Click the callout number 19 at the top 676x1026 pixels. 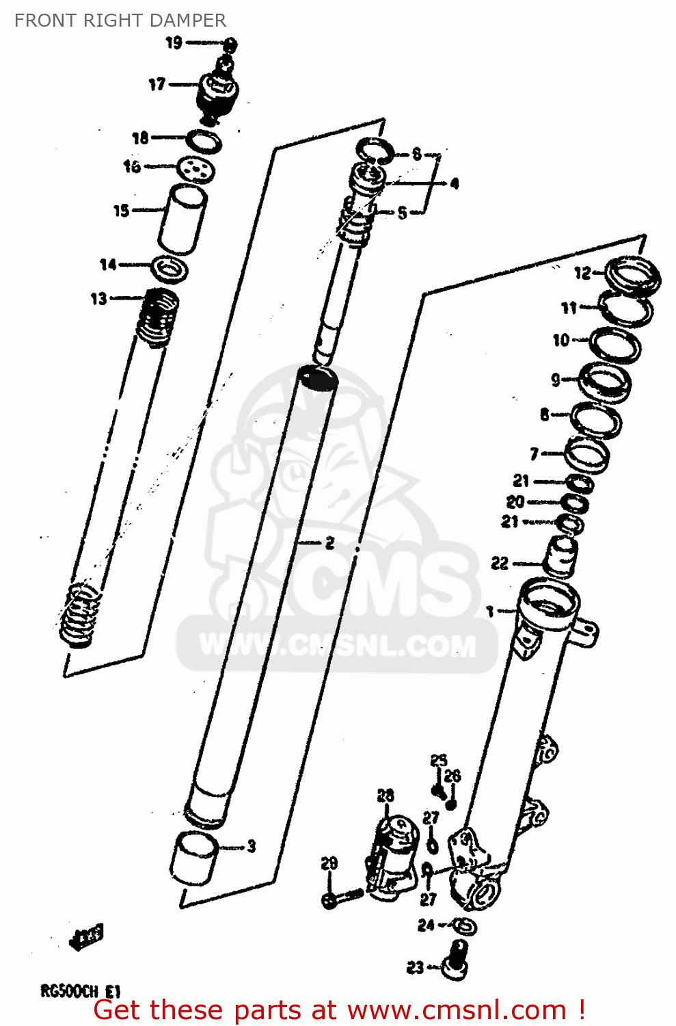pos(174,43)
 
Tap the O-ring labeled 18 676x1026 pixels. pos(204,142)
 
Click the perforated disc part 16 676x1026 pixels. pos(196,168)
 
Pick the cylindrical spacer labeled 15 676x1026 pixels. pos(182,219)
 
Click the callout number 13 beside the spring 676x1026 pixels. pos(99,298)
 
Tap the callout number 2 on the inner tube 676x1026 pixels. pos(329,543)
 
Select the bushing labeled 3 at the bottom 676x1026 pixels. pos(194,857)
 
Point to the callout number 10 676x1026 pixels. pos(560,340)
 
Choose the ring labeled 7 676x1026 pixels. pos(586,454)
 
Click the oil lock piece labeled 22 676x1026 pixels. pos(560,555)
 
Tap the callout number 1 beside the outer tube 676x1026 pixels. pos(489,610)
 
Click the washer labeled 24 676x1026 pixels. pos(465,926)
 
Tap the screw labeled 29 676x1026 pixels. pos(342,897)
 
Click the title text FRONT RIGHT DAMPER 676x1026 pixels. pos(120,21)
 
